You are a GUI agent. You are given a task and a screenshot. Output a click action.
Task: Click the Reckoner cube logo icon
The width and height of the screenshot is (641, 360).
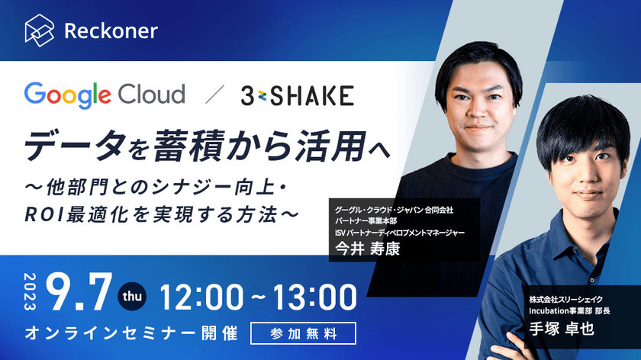coord(40,31)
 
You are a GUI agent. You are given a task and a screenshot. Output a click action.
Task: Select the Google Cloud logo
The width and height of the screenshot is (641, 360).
coord(105,95)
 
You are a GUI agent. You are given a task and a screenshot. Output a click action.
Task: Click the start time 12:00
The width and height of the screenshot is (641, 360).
coord(202,294)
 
